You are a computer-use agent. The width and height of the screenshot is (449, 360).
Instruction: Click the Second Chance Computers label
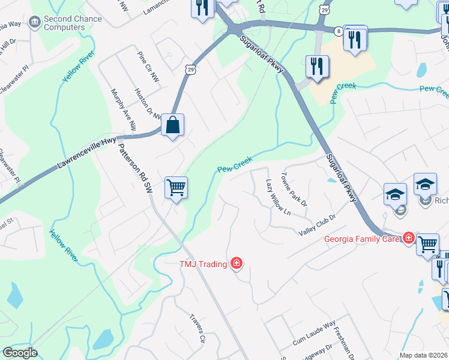click(64, 23)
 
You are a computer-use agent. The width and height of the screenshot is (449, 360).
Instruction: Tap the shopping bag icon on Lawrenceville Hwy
click(172, 125)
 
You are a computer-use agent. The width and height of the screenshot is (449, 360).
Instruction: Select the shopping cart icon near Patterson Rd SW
click(176, 188)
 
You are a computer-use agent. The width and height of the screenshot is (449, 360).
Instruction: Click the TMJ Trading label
click(203, 263)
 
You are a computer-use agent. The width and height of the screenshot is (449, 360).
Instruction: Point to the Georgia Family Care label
click(362, 239)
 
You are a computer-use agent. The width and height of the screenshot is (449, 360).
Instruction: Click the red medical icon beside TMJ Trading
click(237, 263)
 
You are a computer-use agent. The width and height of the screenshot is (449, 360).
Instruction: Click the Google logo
click(20, 353)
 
